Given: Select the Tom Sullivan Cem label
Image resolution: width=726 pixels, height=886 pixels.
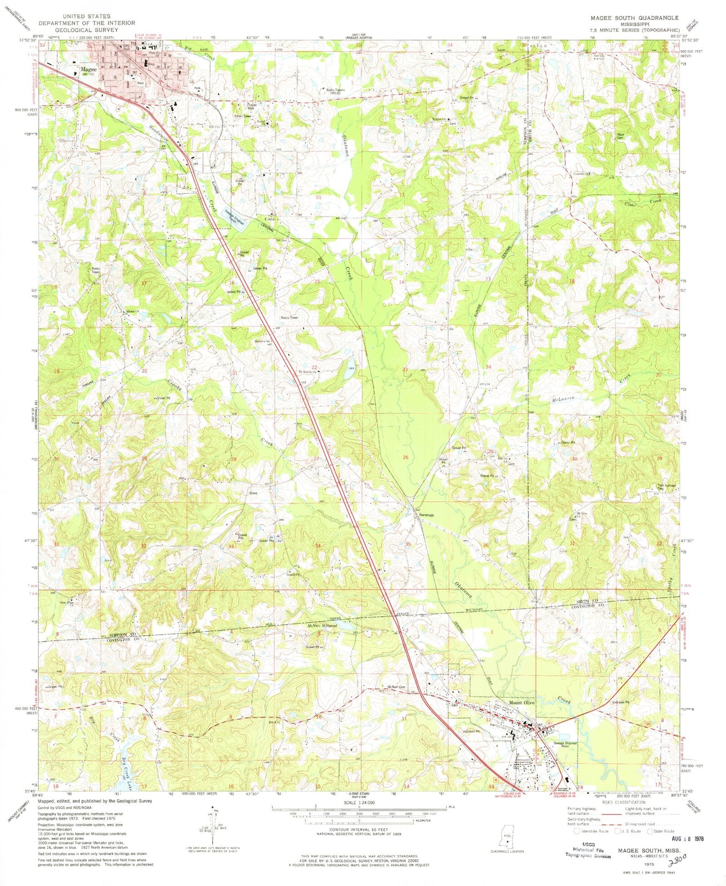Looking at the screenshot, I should [666, 487].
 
